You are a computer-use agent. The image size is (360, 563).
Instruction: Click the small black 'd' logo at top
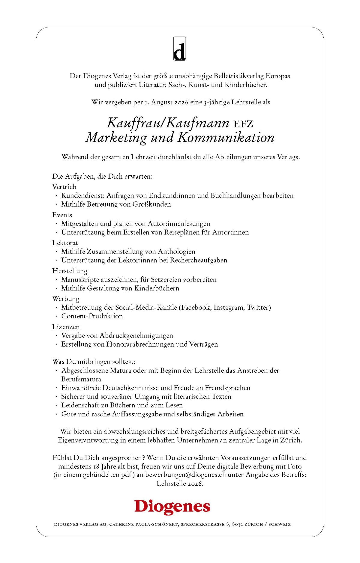point(179,49)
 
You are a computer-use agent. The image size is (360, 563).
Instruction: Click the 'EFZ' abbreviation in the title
point(243,124)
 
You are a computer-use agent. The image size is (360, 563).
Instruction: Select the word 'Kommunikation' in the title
point(226,138)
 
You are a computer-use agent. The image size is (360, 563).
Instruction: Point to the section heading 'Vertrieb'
point(64,187)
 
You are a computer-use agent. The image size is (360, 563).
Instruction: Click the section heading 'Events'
point(62,215)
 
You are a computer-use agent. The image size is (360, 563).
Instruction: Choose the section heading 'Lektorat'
point(65,243)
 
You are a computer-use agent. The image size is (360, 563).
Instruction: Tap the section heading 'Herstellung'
point(70,271)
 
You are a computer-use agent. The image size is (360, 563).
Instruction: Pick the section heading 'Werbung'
point(66,299)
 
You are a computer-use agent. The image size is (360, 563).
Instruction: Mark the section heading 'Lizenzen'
point(66,327)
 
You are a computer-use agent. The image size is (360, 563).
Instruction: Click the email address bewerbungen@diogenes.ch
point(185,475)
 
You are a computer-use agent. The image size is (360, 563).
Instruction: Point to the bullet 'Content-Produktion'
point(92,316)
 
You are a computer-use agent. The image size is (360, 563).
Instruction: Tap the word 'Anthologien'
point(176,252)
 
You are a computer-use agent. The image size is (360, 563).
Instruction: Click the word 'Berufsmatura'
point(81,379)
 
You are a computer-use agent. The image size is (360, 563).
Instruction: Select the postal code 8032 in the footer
point(237,524)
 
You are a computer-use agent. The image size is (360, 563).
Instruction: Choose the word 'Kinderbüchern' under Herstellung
point(157,288)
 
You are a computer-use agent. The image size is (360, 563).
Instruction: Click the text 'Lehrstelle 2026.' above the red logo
point(180,484)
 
